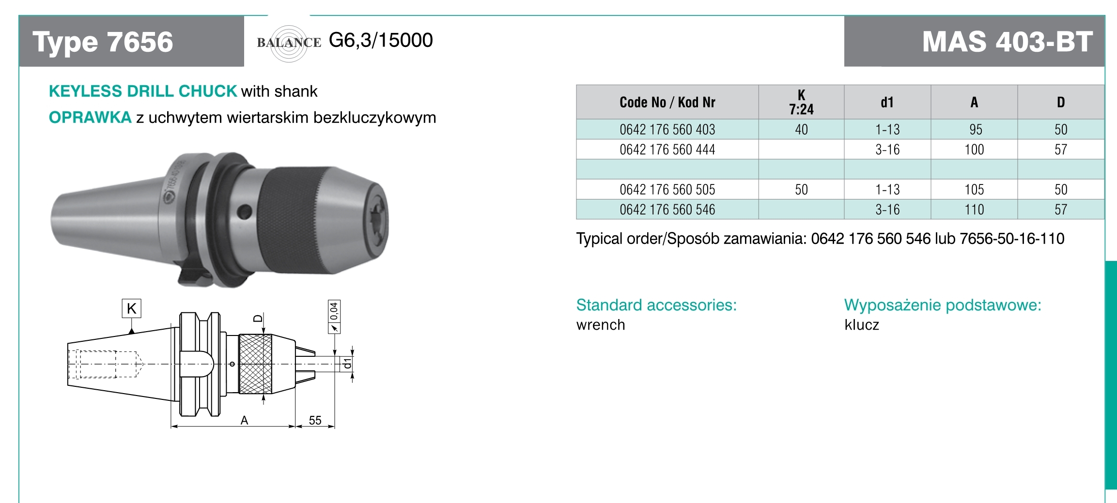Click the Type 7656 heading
tap(103, 42)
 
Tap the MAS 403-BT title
tap(1007, 42)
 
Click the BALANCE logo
tap(289, 43)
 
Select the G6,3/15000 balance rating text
tap(381, 40)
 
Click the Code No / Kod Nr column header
tap(667, 102)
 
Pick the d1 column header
tap(887, 102)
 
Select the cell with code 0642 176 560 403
tap(667, 130)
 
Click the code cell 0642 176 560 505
tap(667, 190)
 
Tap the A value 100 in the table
tap(974, 150)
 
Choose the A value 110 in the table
tap(974, 210)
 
